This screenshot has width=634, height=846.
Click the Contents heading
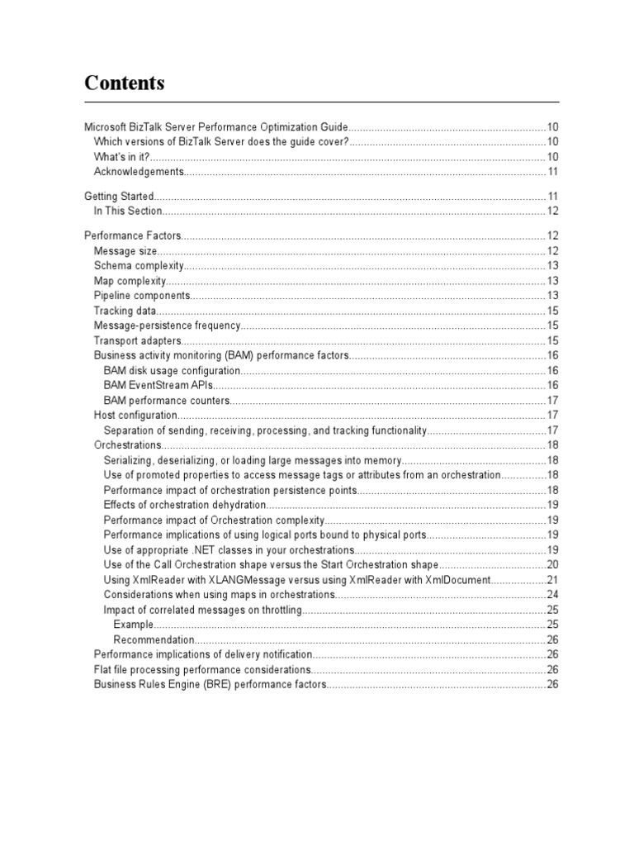pyautogui.click(x=125, y=83)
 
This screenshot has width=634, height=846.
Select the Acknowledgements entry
pyautogui.click(x=138, y=172)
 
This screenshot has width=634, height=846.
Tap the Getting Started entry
pyautogui.click(x=119, y=197)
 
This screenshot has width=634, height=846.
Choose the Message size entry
pyautogui.click(x=125, y=251)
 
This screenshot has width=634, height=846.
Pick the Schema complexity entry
pyautogui.click(x=138, y=266)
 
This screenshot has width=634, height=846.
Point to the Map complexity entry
pyautogui.click(x=130, y=281)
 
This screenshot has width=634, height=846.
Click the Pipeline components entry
pyautogui.click(x=142, y=296)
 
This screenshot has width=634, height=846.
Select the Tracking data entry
pyautogui.click(x=125, y=311)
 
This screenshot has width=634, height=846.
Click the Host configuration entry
pyautogui.click(x=135, y=415)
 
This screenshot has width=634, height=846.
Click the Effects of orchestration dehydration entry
pyautogui.click(x=185, y=505)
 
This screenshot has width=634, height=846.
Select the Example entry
pyautogui.click(x=133, y=625)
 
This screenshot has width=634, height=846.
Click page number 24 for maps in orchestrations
pyautogui.click(x=552, y=595)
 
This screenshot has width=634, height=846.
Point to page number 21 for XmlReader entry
pyautogui.click(x=552, y=580)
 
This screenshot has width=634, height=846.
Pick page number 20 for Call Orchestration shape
pyautogui.click(x=552, y=565)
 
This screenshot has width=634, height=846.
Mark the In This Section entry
pyautogui.click(x=127, y=211)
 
